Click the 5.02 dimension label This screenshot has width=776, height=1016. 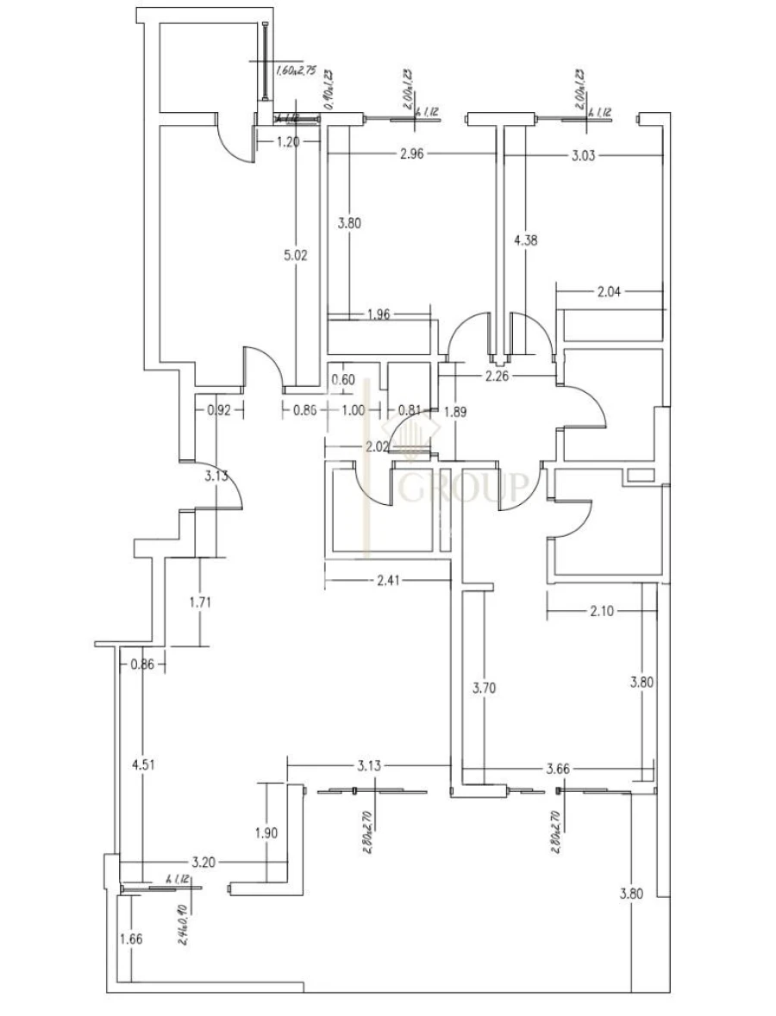coord(295,255)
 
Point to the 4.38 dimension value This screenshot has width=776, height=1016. coord(525,241)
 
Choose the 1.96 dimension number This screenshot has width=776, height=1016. coord(379,314)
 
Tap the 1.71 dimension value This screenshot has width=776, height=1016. coord(199,601)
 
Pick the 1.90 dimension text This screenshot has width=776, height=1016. coord(267,832)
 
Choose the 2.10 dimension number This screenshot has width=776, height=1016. coord(601,611)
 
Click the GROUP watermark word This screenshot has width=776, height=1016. coord(463,489)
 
